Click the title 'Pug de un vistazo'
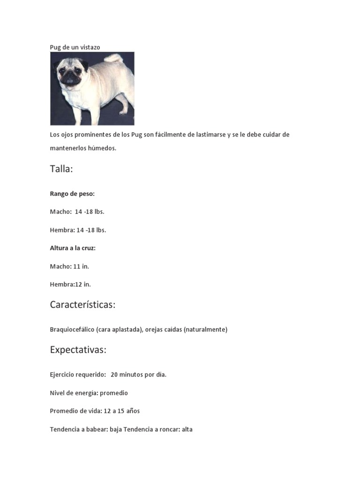(75, 47)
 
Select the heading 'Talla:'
(61, 169)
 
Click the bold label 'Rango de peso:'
(72, 194)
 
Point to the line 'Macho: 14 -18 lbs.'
(77, 212)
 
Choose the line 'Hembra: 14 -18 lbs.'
(78, 230)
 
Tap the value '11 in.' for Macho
(81, 266)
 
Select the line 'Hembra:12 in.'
(70, 284)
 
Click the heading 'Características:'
(82, 305)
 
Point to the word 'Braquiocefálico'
(72, 330)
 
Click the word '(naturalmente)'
(205, 330)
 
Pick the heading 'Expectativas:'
(78, 350)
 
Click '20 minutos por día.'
(139, 375)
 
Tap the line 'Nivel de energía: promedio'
(89, 393)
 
